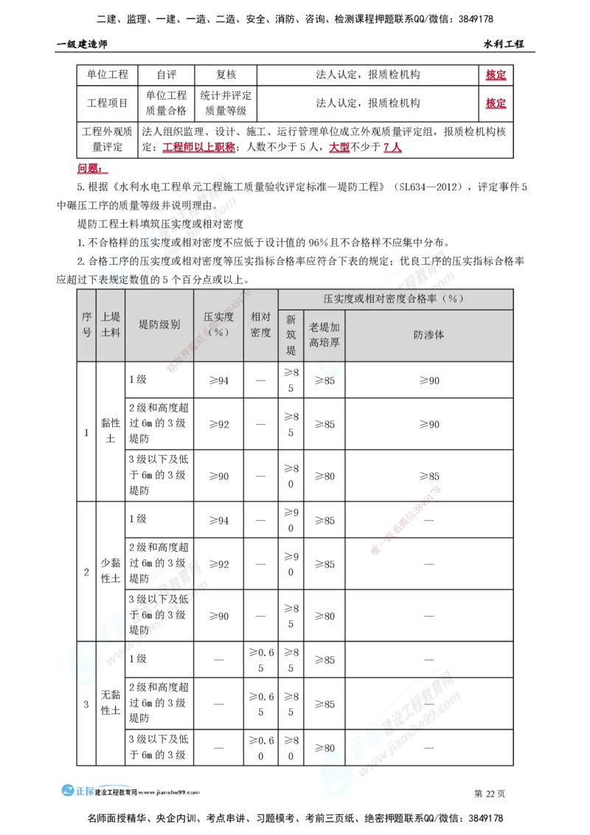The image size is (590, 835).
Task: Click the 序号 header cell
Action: (86, 325)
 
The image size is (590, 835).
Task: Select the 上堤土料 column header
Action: (110, 325)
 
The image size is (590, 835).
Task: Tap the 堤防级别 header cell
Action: (159, 325)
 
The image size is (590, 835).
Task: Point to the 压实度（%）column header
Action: (218, 325)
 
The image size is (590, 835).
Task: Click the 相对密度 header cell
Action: (260, 325)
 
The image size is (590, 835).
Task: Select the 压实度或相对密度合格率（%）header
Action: (395, 299)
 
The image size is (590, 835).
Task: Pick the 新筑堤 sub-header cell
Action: (291, 335)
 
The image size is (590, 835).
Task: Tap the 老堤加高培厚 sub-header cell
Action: (324, 335)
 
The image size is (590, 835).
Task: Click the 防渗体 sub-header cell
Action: (428, 335)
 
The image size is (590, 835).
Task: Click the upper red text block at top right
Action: (496, 76)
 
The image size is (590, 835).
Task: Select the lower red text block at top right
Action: (496, 105)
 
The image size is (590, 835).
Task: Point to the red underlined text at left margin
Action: (91, 170)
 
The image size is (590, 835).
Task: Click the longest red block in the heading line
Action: (198, 148)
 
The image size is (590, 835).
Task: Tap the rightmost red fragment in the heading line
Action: (392, 148)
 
